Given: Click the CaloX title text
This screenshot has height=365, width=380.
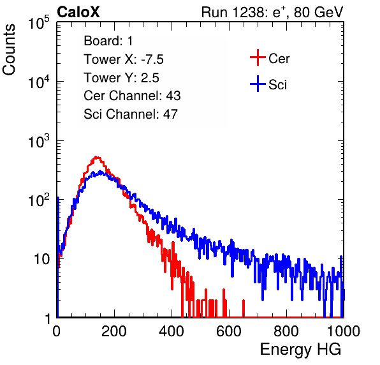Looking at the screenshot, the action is tap(78, 12).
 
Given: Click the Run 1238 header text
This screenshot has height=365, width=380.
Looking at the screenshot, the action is tap(272, 12).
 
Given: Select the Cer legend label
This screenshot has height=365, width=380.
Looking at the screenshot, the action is tap(279, 59).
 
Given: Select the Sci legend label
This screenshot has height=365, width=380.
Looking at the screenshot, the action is tap(277, 84).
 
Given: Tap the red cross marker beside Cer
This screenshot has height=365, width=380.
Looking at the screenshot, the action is tap(258, 57).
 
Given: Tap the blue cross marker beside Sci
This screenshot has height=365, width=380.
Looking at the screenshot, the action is tap(258, 84).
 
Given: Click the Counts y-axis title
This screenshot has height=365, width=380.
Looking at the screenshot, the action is tap(9, 50).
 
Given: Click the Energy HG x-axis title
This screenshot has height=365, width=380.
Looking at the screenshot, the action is tap(300, 349).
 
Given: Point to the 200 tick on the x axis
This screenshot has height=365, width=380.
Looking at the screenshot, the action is tap(114, 331).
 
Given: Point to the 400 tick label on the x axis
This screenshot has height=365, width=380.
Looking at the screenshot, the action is tap(172, 331).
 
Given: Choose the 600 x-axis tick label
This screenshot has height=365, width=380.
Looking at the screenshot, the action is tap(229, 331).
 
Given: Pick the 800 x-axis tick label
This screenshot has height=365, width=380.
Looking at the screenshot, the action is tap(286, 331).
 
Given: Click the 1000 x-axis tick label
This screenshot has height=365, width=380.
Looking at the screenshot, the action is tap(344, 331).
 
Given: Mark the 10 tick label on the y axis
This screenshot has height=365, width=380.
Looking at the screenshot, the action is tap(41, 259).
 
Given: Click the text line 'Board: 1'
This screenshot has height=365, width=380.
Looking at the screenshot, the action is tap(108, 41).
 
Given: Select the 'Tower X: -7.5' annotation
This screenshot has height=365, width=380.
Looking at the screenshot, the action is tap(124, 59).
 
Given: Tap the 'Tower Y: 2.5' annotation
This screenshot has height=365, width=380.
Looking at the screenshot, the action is tap(121, 78).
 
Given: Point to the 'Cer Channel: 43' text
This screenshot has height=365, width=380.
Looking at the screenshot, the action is tap(132, 96).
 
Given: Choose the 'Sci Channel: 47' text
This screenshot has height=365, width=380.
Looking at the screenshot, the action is tap(131, 114).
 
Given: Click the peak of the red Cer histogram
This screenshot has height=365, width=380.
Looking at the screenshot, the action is tap(96, 158).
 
